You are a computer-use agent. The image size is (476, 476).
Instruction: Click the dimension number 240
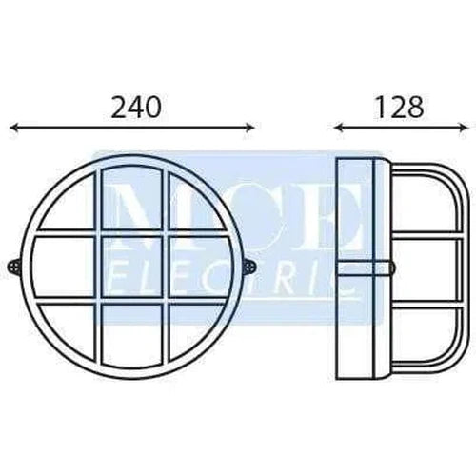coord(134,107)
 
